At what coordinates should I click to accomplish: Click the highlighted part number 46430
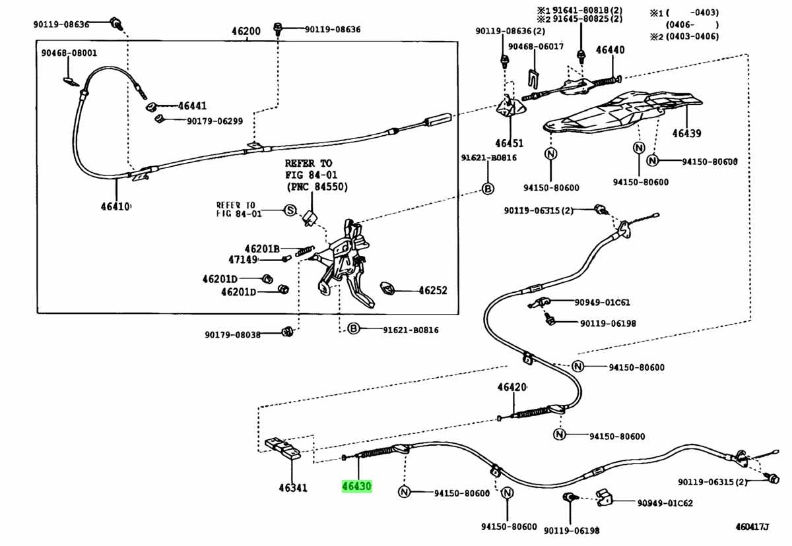point(357,487)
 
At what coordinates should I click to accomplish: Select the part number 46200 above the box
point(246,31)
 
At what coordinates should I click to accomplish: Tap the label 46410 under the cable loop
point(116,206)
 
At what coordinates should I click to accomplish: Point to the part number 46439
point(686,133)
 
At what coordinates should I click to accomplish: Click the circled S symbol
point(289,210)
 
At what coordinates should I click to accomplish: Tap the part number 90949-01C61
point(602,303)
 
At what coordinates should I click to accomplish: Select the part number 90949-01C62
point(665,503)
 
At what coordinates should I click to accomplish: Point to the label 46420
point(512,387)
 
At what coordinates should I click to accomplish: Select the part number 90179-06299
point(214,121)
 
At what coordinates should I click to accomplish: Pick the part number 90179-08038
point(232,334)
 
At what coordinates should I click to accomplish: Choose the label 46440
point(610,49)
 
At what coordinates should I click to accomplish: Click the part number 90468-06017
point(536,45)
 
